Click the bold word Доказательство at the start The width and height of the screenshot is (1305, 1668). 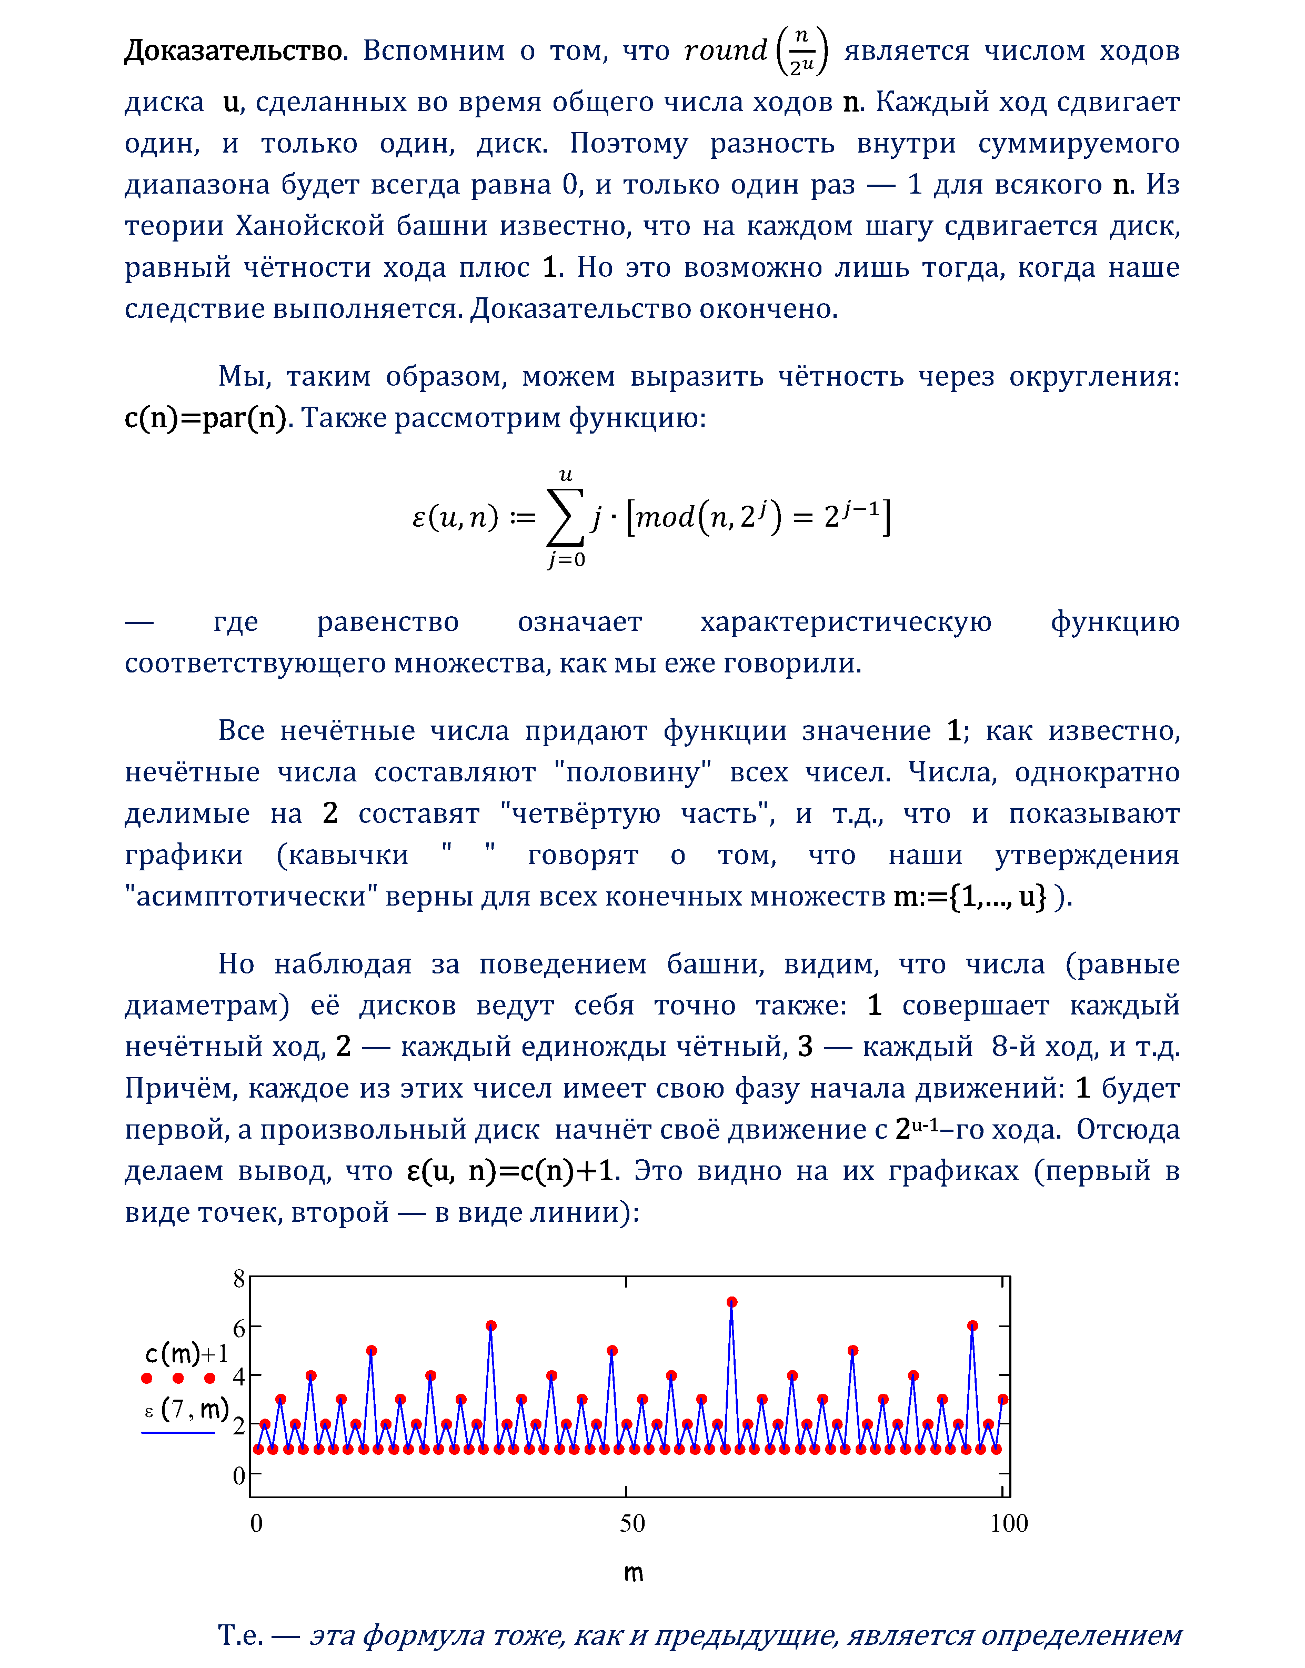point(235,51)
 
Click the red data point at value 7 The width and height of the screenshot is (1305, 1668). point(732,1302)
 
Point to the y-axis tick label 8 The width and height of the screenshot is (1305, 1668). point(239,1278)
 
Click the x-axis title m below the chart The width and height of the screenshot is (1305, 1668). point(634,1572)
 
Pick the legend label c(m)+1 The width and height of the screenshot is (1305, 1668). point(186,1354)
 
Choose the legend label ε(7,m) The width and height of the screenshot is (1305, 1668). point(186,1408)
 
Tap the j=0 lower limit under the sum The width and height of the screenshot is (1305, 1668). point(566,560)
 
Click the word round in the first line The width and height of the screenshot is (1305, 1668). point(725,51)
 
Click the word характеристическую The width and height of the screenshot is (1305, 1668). point(846,622)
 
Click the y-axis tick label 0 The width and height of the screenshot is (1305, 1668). point(239,1475)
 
